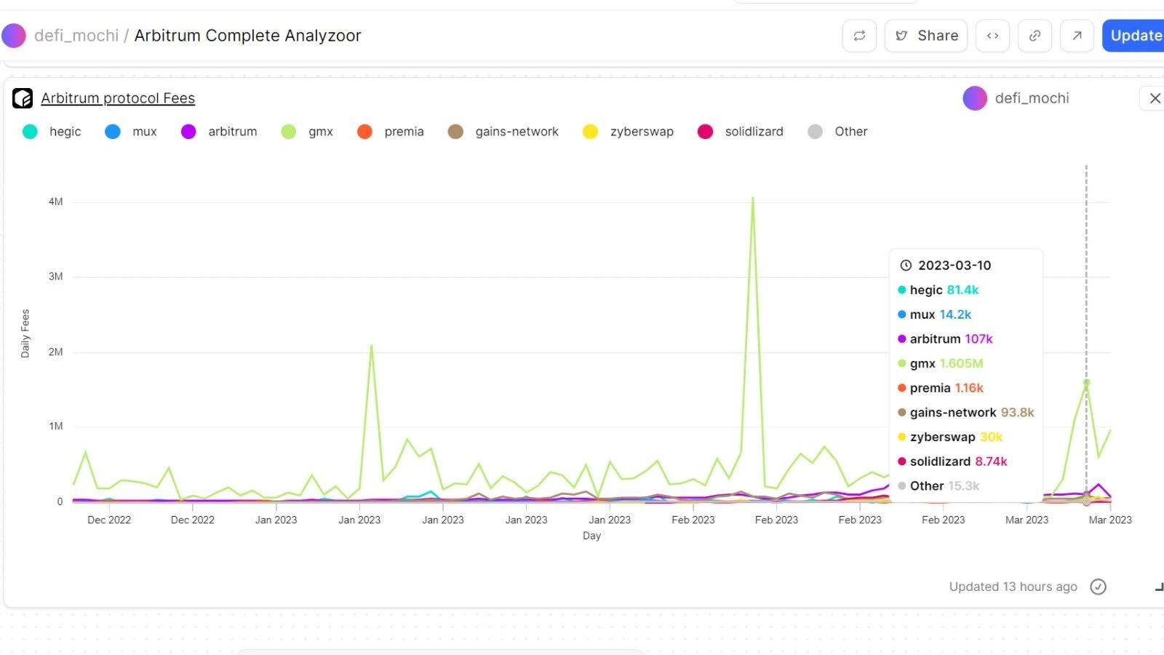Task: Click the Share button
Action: click(926, 36)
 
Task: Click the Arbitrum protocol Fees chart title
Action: click(118, 98)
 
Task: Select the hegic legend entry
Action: click(65, 132)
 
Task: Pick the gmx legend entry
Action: click(320, 132)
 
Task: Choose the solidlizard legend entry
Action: click(754, 132)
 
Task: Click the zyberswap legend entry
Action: click(641, 132)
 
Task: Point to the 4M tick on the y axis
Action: click(56, 202)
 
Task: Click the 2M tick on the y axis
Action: click(56, 352)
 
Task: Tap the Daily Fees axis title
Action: click(25, 333)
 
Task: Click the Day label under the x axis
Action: click(591, 536)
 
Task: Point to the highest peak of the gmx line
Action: click(753, 197)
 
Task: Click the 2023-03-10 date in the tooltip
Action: click(954, 266)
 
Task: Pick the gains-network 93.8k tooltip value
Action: click(1017, 413)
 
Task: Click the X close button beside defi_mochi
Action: click(1155, 98)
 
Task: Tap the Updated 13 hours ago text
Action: click(1013, 587)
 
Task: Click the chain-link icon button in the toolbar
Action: click(1035, 36)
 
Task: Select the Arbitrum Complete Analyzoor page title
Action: click(247, 36)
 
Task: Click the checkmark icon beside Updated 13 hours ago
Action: click(1099, 587)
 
